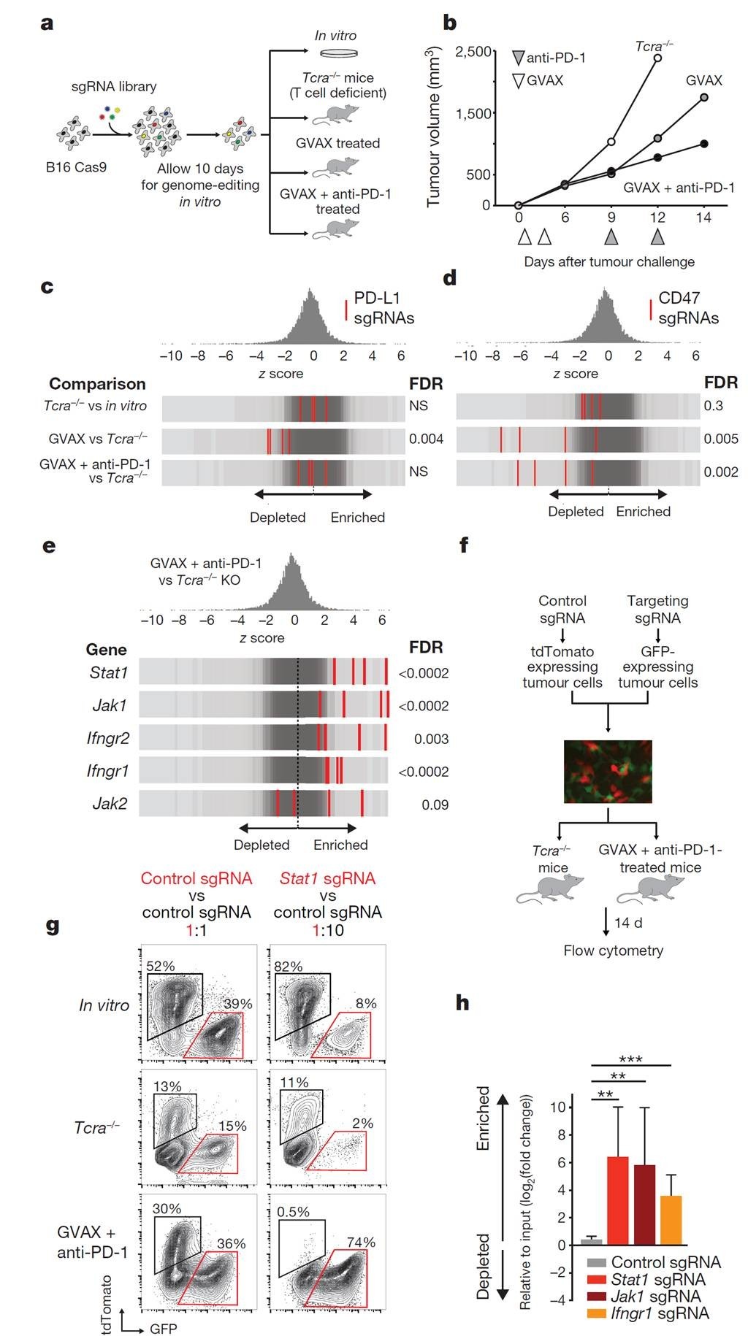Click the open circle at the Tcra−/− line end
tap(657, 58)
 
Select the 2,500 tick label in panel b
tap(473, 52)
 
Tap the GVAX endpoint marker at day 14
tap(704, 97)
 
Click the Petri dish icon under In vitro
tap(340, 53)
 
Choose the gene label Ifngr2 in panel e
tap(108, 738)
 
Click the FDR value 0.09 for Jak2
tap(435, 805)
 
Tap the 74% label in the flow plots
tap(361, 1242)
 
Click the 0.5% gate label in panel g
tap(293, 1211)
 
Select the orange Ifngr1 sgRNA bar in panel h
tap(671, 1220)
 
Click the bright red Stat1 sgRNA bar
tap(618, 1200)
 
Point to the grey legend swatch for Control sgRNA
tap(596, 1262)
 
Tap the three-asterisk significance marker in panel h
tap(630, 1060)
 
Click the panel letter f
tap(463, 545)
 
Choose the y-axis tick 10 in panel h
tap(557, 1107)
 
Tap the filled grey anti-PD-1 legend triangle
tap(518, 58)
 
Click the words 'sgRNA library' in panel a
tap(114, 86)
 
